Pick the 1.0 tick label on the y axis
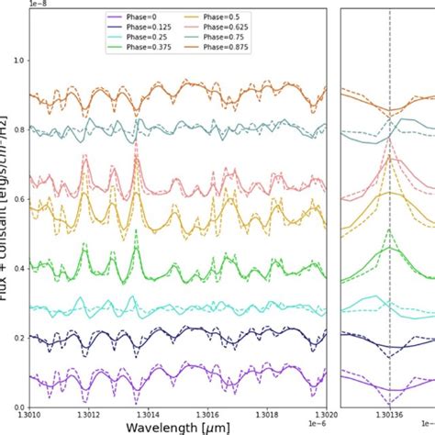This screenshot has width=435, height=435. pos(18,60)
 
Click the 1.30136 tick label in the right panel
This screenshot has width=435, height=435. pos(389,416)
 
